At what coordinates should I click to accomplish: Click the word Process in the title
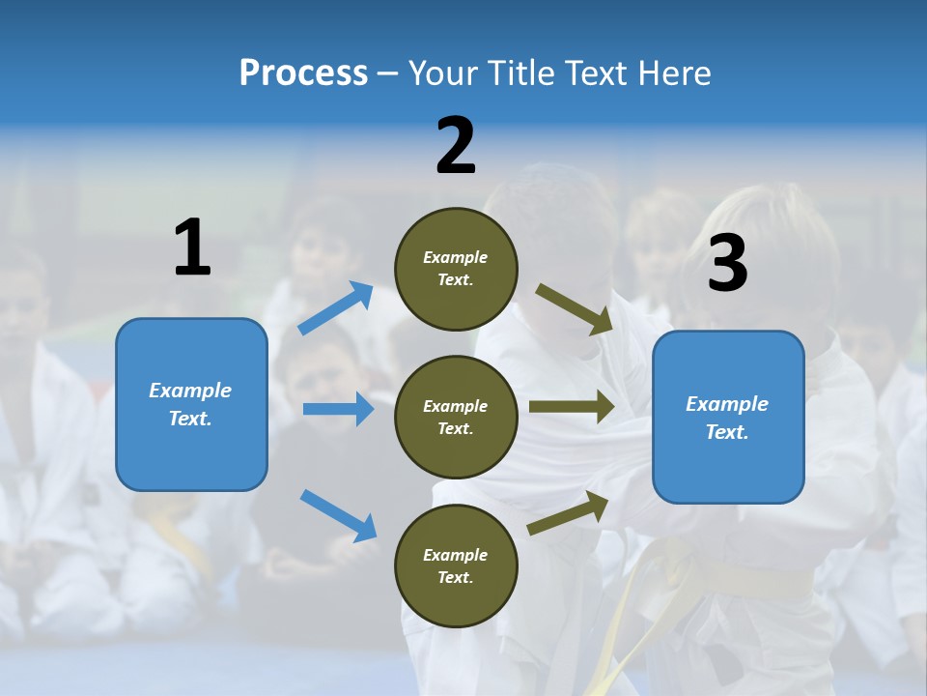click(x=303, y=72)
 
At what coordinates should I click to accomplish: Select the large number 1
click(x=192, y=248)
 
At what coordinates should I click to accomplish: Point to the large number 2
click(x=456, y=147)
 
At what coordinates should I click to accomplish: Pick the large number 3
click(x=727, y=264)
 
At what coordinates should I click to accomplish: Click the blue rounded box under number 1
click(x=191, y=404)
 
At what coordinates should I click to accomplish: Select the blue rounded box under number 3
click(x=728, y=418)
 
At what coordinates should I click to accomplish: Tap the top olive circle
click(x=456, y=269)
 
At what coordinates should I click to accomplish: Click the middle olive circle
click(x=456, y=417)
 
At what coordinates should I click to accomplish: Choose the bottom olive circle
click(x=456, y=565)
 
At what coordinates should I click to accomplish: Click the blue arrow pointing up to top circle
click(x=336, y=308)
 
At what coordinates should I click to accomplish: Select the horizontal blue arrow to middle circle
click(x=338, y=409)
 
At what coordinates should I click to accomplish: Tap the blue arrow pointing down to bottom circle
click(x=338, y=514)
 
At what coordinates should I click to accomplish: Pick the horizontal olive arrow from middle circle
click(x=572, y=406)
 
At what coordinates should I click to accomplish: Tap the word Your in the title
click(x=442, y=72)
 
